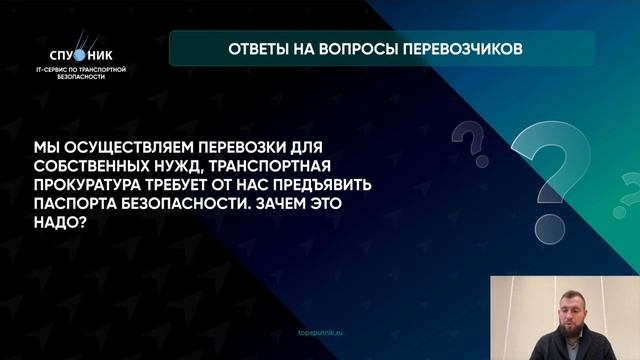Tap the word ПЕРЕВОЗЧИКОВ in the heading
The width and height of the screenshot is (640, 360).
point(462,48)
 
